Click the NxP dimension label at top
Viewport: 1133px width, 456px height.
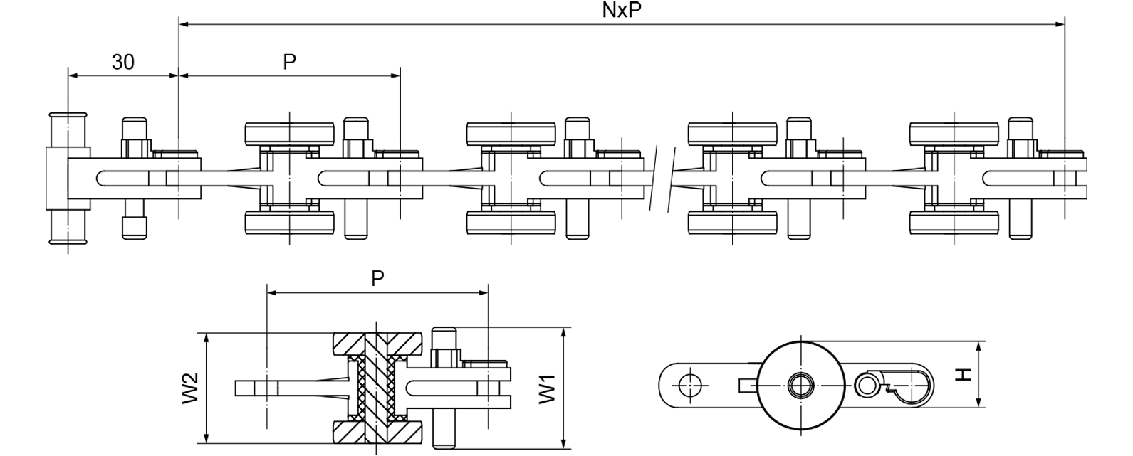pos(617,11)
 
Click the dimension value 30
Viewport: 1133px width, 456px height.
pos(122,63)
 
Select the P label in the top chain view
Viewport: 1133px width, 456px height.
pos(289,63)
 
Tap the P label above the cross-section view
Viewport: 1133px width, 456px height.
pos(377,279)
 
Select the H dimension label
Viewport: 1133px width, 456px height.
pos(963,374)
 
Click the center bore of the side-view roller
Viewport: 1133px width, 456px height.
pos(801,386)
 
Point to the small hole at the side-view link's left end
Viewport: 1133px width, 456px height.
pos(685,385)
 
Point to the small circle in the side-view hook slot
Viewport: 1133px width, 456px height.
pos(867,386)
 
